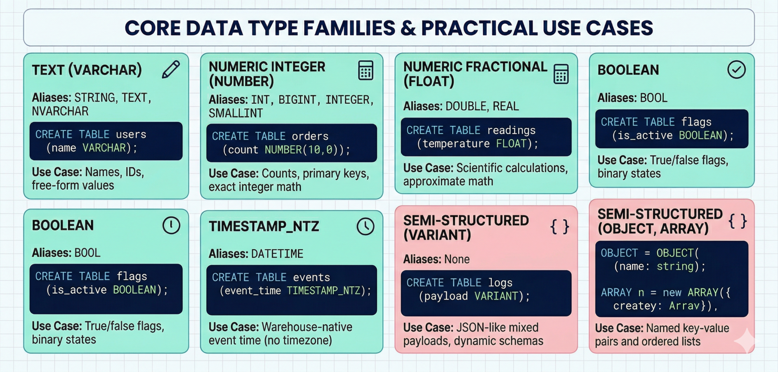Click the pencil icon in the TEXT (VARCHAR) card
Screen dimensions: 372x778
coord(171,70)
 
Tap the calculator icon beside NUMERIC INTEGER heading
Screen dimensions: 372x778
coord(365,70)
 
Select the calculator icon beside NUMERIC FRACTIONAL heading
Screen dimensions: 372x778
coord(561,74)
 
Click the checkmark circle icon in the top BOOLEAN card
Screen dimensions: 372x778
coord(736,70)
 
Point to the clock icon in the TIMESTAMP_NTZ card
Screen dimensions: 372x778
coord(365,226)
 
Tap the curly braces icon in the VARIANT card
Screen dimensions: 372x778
coord(559,227)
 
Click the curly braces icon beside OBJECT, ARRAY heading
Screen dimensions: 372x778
coord(738,221)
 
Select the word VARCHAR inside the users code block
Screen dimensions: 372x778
coord(104,148)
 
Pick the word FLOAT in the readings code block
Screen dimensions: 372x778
coord(511,143)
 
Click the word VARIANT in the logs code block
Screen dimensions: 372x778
coord(496,296)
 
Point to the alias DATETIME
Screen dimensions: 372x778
coord(277,254)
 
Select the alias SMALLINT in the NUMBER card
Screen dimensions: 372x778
coord(236,113)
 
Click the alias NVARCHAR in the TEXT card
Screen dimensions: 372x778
coord(60,111)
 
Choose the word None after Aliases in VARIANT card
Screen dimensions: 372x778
coord(457,259)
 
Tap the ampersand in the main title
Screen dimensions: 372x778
coord(408,28)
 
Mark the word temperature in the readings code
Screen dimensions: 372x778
coord(456,143)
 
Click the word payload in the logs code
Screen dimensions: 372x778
coord(446,296)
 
